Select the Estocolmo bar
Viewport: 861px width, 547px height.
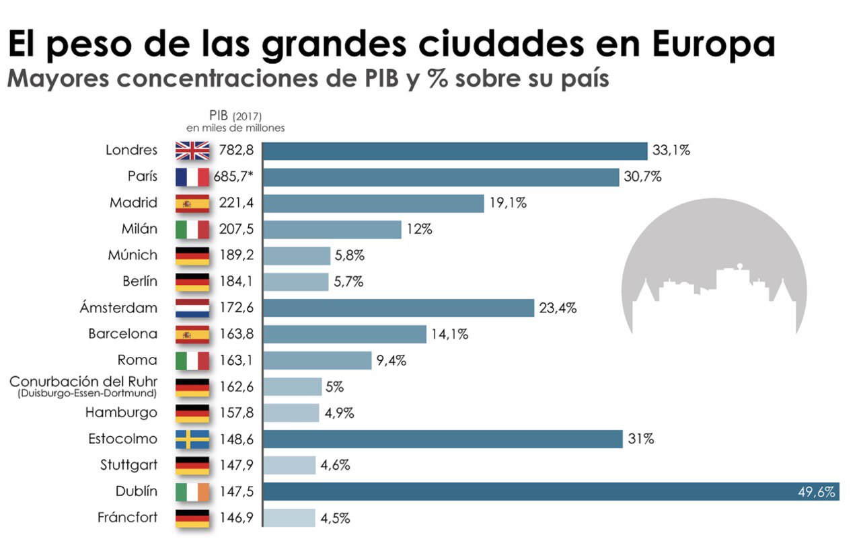pyautogui.click(x=442, y=439)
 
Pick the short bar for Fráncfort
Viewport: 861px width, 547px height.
pyautogui.click(x=289, y=518)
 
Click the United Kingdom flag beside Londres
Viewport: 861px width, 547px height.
pyautogui.click(x=192, y=151)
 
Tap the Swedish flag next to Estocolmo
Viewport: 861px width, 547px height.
pyautogui.click(x=192, y=439)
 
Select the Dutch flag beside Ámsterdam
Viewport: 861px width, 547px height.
pyautogui.click(x=192, y=308)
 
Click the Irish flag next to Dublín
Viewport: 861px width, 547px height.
pyautogui.click(x=192, y=492)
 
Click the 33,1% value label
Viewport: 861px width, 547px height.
pyautogui.click(x=671, y=151)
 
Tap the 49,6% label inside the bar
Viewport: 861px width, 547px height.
pyautogui.click(x=816, y=492)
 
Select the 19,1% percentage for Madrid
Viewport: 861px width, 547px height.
pyautogui.click(x=508, y=203)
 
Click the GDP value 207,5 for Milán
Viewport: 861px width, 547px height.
pyautogui.click(x=235, y=229)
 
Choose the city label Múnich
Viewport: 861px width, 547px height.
pyautogui.click(x=133, y=255)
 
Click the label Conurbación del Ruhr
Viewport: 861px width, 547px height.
pyautogui.click(x=83, y=382)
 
